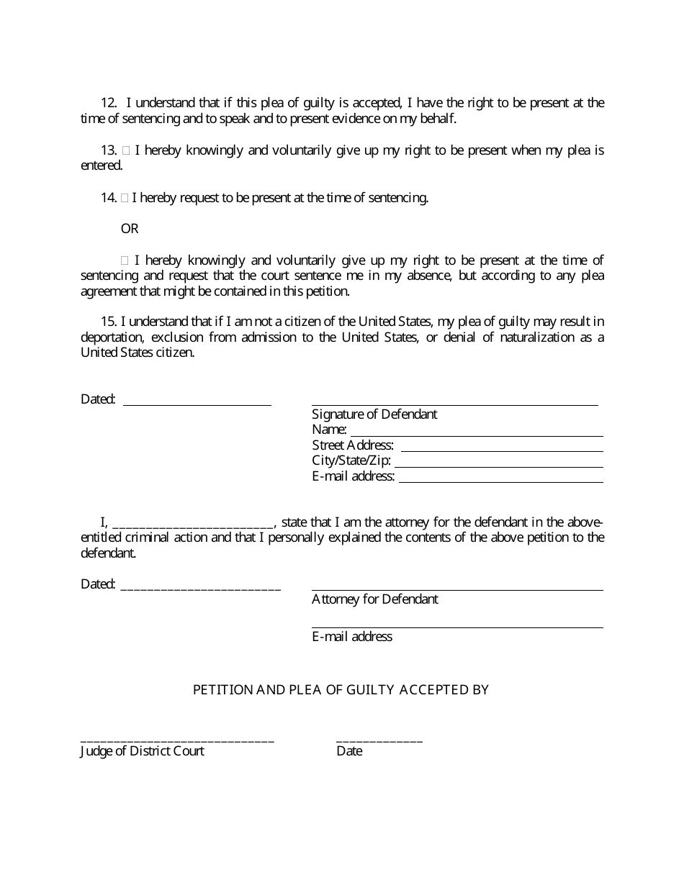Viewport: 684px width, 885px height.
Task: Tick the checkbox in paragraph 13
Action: point(126,151)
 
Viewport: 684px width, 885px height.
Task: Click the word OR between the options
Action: point(130,229)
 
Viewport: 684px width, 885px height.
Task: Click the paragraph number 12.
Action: point(108,103)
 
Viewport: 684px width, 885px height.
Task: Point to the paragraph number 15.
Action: point(108,322)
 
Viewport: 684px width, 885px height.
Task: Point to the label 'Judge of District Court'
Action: point(142,751)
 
